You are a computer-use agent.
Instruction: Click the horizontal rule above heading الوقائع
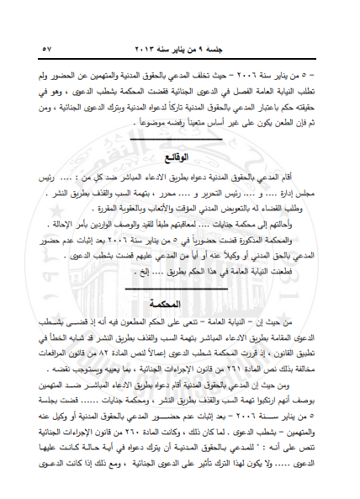(180, 141)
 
